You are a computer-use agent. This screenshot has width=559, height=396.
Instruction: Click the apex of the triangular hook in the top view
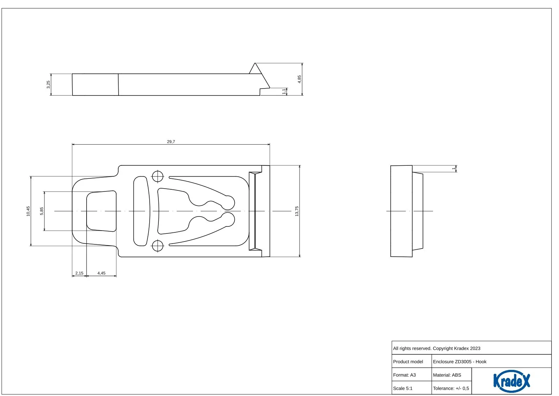coord(255,63)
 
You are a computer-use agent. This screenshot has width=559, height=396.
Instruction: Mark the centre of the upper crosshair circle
coord(157,177)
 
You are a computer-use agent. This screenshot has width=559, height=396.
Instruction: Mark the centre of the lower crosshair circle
coord(157,246)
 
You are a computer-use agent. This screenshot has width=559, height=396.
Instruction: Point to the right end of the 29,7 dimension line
coord(270,144)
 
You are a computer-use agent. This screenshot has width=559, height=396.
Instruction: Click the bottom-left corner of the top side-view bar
coord(73,95)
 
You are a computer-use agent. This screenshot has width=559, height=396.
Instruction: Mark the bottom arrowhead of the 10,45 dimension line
coord(31,244)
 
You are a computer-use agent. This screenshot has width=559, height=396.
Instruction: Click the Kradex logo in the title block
coord(511,381)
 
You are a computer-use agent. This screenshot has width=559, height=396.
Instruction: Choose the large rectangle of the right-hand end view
coord(401,211)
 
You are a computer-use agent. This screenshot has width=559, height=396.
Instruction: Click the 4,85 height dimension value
coord(300,79)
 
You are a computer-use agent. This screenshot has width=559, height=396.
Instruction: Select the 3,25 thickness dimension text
coord(49,85)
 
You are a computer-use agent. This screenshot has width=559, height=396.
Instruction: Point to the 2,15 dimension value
coord(79,273)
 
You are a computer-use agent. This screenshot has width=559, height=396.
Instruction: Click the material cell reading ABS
coord(447,375)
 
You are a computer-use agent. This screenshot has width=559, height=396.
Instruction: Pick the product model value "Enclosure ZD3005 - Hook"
coord(460,362)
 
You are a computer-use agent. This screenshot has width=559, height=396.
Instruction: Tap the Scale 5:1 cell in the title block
coord(403,388)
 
